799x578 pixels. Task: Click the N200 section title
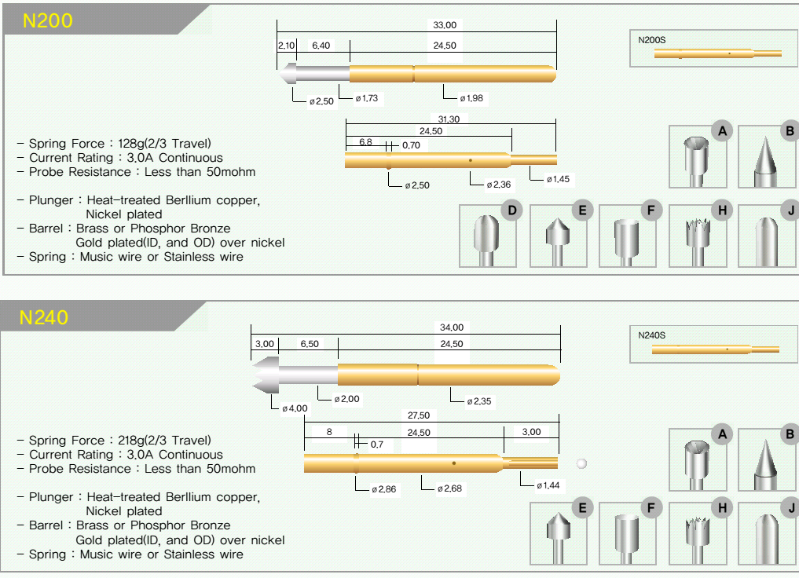47,21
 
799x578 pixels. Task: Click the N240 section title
44,318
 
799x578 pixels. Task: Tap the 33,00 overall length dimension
445,25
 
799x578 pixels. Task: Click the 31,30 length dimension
450,119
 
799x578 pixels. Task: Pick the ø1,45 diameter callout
559,180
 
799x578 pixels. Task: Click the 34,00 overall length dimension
452,327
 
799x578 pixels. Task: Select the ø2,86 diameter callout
385,489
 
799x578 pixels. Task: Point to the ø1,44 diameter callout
548,485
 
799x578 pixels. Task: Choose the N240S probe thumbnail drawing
715,349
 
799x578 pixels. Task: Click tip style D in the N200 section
488,236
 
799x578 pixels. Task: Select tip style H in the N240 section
697,533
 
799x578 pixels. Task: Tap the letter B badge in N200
790,132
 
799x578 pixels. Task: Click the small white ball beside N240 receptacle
581,463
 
